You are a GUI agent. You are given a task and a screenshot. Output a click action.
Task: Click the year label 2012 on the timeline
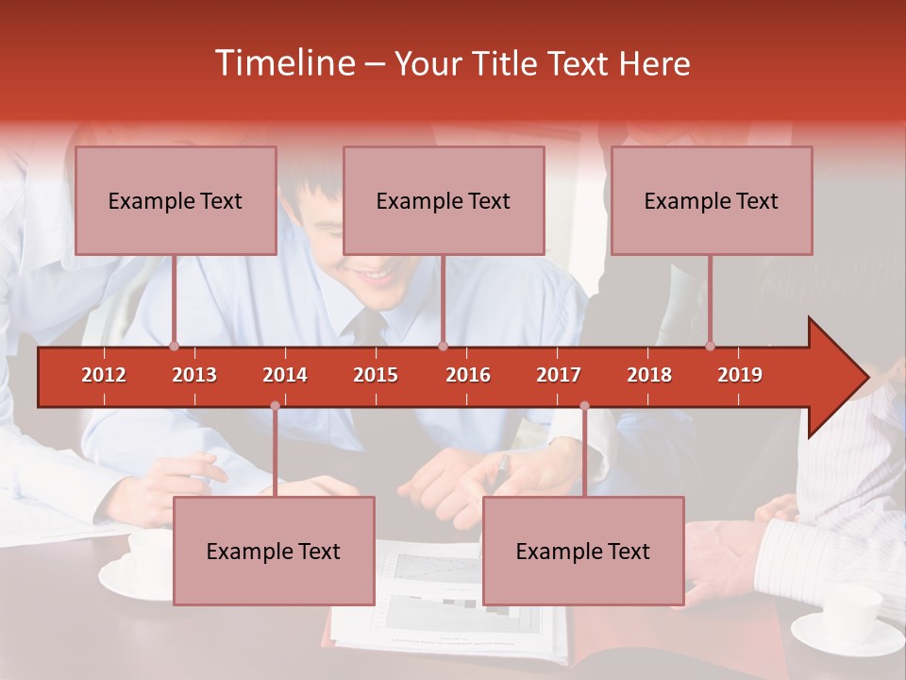point(104,375)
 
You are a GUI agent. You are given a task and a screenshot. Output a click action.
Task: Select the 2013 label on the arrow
point(194,375)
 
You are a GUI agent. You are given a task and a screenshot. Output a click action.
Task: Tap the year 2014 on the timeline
point(285,375)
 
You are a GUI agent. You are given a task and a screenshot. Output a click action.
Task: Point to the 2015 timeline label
point(376,375)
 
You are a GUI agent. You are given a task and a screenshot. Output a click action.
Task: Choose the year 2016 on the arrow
point(468,375)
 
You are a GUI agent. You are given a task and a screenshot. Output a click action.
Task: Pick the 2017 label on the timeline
point(559,375)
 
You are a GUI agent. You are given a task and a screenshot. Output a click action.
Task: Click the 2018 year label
point(649,375)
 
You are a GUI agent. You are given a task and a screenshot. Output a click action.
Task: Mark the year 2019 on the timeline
point(740,375)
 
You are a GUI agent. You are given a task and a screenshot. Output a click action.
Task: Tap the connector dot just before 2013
point(174,346)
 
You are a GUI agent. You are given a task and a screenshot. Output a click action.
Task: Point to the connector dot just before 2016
point(443,346)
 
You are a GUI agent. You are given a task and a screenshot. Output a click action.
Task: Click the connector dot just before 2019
point(711,346)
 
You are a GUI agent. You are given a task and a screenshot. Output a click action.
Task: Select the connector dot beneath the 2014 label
point(275,405)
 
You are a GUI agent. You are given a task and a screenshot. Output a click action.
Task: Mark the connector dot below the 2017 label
point(584,405)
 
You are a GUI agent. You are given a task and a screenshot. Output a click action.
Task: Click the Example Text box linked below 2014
point(274,551)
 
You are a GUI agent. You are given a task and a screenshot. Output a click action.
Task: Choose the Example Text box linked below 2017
point(583,551)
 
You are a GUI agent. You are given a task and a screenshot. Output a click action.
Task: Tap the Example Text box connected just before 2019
point(712,200)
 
